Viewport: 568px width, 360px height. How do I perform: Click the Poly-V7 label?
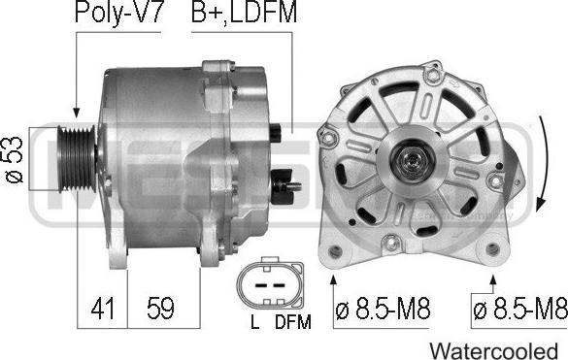coord(117,14)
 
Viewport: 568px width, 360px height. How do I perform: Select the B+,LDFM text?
coord(244,13)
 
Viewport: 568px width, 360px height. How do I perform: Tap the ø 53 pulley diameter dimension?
coord(15,159)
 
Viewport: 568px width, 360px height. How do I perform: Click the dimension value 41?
coord(103,309)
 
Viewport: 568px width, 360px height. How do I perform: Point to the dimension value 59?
coord(160,309)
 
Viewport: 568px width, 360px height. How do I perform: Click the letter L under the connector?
coord(255,321)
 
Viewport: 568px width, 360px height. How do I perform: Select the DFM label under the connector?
coord(293,321)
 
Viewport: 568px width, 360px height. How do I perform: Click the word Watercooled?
coord(494,351)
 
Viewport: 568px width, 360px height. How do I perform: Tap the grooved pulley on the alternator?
coord(77,158)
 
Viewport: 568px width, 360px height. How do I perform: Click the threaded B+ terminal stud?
coord(292,187)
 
